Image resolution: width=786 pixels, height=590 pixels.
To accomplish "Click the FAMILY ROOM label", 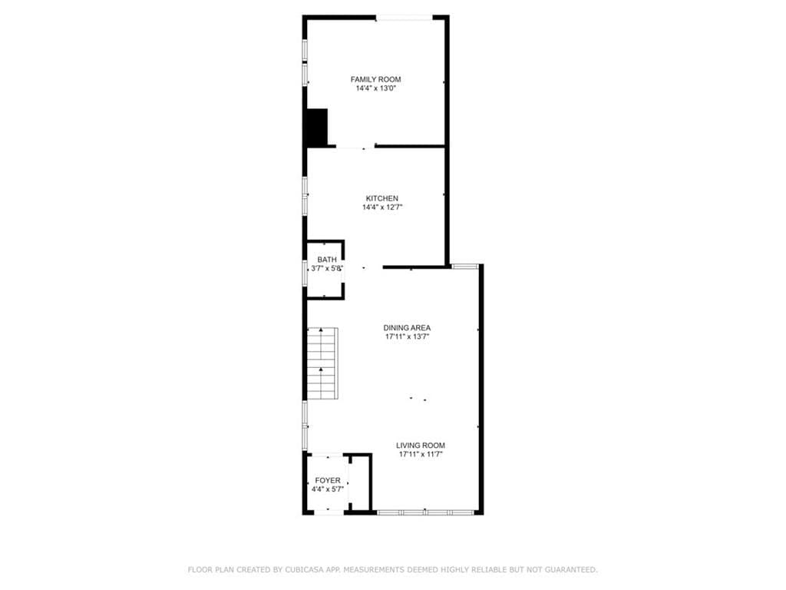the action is [375, 79].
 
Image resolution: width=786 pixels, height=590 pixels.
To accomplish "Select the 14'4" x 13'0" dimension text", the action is [375, 88].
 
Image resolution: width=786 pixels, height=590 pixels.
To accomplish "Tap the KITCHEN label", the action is [382, 198].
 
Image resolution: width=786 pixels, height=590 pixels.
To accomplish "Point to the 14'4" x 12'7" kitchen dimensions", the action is [382, 207].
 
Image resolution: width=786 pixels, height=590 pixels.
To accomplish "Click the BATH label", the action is [327, 260].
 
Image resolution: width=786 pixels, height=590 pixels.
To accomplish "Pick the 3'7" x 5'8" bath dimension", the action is [327, 268].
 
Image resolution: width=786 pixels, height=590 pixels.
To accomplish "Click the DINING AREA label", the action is [407, 327].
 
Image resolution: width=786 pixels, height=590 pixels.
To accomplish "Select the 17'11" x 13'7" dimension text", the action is [407, 336].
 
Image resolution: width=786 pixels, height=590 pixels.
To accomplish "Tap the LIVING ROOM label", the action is [421, 445].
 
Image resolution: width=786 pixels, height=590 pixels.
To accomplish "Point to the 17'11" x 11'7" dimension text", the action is [421, 455].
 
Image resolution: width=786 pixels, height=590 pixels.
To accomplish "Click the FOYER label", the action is [327, 480].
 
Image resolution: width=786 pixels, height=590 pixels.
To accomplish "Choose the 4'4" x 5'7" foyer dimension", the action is [327, 489].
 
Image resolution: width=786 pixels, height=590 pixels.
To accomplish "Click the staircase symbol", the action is [322, 363].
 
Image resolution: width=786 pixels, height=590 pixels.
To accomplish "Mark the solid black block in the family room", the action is [317, 128].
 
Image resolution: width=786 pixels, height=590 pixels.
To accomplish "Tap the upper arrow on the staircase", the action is [321, 330].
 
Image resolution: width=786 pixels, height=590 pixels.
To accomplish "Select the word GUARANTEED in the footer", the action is [570, 569].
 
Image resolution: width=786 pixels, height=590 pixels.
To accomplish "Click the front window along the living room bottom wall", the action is [425, 512].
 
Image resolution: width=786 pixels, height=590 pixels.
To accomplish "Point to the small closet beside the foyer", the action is [359, 482].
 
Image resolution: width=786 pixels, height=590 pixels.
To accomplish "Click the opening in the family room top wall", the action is [404, 18].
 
